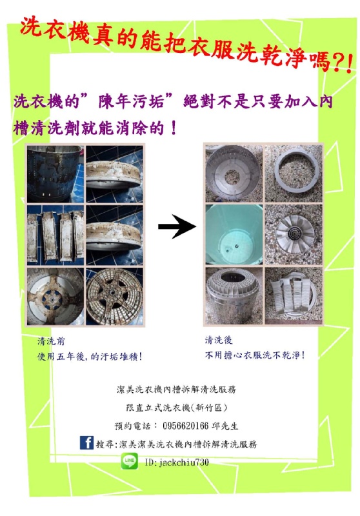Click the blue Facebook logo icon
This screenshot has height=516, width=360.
click(x=86, y=442)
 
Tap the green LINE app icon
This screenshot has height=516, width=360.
click(x=129, y=461)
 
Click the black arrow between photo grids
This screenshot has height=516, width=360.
click(x=177, y=226)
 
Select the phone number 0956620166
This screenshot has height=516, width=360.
click(x=186, y=426)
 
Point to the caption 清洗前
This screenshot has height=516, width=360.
click(x=51, y=341)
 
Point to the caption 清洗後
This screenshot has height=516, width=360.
click(x=219, y=340)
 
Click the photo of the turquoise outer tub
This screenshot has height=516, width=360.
click(x=234, y=234)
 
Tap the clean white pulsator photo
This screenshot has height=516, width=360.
click(x=294, y=234)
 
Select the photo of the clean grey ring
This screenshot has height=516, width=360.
click(x=294, y=174)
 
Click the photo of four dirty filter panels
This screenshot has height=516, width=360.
click(x=55, y=235)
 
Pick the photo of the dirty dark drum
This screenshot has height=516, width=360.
click(x=55, y=174)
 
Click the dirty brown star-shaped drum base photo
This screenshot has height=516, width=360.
click(x=114, y=296)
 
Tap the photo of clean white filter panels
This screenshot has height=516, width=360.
click(x=294, y=295)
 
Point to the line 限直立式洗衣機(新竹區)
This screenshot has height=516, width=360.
click(x=177, y=408)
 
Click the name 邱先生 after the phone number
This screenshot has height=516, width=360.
click(x=225, y=426)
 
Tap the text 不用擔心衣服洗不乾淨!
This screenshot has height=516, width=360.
click(x=254, y=355)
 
